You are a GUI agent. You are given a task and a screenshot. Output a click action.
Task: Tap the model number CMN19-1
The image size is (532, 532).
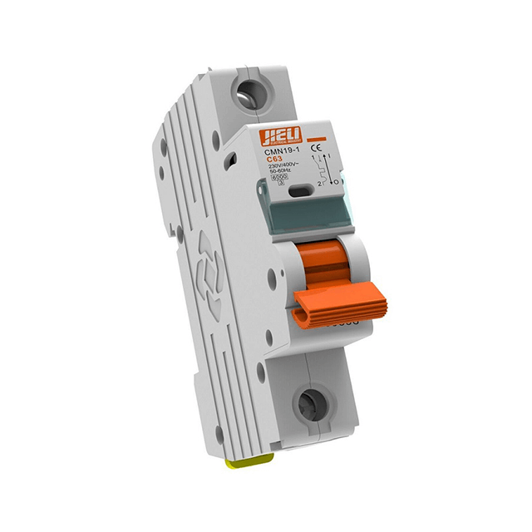(x=280, y=152)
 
